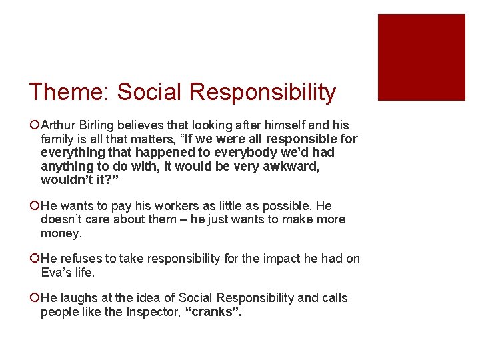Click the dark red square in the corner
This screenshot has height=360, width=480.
coord(421,57)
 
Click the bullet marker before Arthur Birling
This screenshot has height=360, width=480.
coord(34,126)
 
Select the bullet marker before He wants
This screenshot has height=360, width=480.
coord(34,207)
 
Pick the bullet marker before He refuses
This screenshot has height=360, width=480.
coord(34,259)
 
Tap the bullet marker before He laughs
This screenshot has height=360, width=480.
coord(34,299)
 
